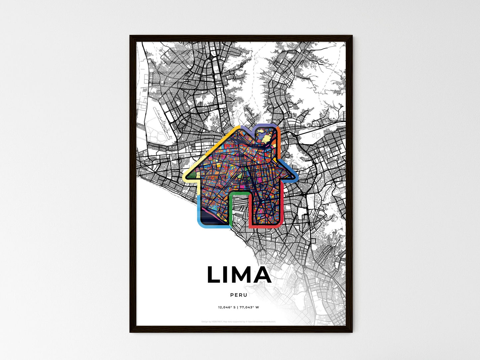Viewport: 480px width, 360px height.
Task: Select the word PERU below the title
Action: tap(239, 295)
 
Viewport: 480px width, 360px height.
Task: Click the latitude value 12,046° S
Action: tap(227, 307)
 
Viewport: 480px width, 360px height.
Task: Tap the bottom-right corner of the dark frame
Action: tap(351, 331)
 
